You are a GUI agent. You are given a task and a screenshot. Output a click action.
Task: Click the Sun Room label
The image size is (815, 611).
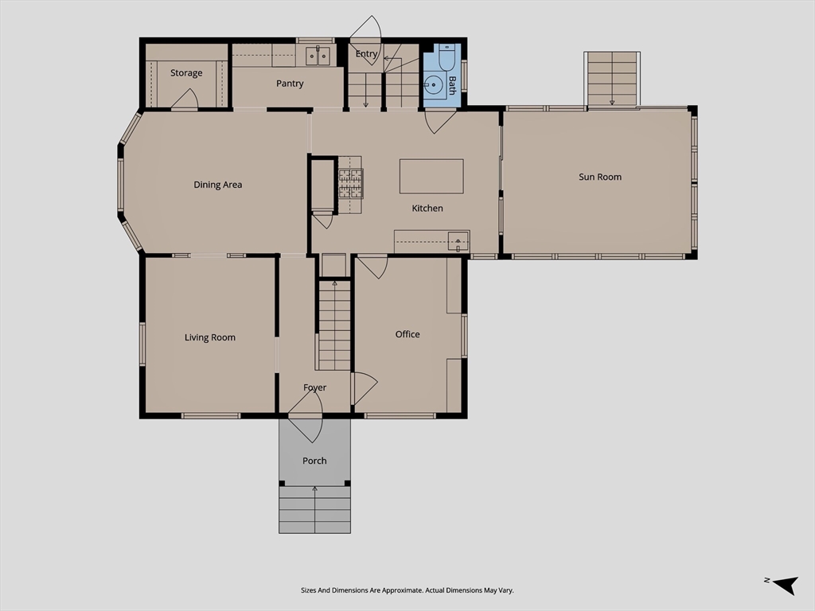[600, 177]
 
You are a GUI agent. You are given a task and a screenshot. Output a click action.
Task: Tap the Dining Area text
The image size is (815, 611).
[218, 185]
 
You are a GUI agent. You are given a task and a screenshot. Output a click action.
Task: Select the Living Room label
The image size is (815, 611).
[210, 337]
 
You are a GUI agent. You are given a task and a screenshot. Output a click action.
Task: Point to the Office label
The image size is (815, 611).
[407, 334]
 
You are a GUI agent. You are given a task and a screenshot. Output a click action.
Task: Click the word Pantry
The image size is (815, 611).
[290, 83]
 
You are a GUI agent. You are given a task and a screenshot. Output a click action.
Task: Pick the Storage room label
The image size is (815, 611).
[186, 72]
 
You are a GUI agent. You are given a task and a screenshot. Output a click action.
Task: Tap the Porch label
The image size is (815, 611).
[314, 461]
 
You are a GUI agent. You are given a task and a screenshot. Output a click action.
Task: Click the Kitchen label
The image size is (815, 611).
[427, 208]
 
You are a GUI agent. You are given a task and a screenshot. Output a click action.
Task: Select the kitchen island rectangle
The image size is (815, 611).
[431, 176]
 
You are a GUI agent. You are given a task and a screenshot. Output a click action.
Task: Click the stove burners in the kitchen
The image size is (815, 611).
[351, 184]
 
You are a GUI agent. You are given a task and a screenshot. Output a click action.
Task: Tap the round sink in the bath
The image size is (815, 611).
[432, 84]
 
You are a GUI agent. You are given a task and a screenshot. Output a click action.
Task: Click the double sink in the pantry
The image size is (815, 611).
[318, 55]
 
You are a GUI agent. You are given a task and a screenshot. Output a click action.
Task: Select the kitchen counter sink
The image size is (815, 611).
[458, 242]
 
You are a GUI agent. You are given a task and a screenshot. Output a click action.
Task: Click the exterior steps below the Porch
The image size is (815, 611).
[314, 510]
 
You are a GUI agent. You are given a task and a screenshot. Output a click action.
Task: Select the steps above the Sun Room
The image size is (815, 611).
[612, 79]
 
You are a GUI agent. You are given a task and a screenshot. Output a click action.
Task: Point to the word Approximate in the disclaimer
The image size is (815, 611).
[402, 590]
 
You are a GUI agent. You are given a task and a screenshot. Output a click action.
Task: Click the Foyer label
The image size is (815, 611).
[314, 387]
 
